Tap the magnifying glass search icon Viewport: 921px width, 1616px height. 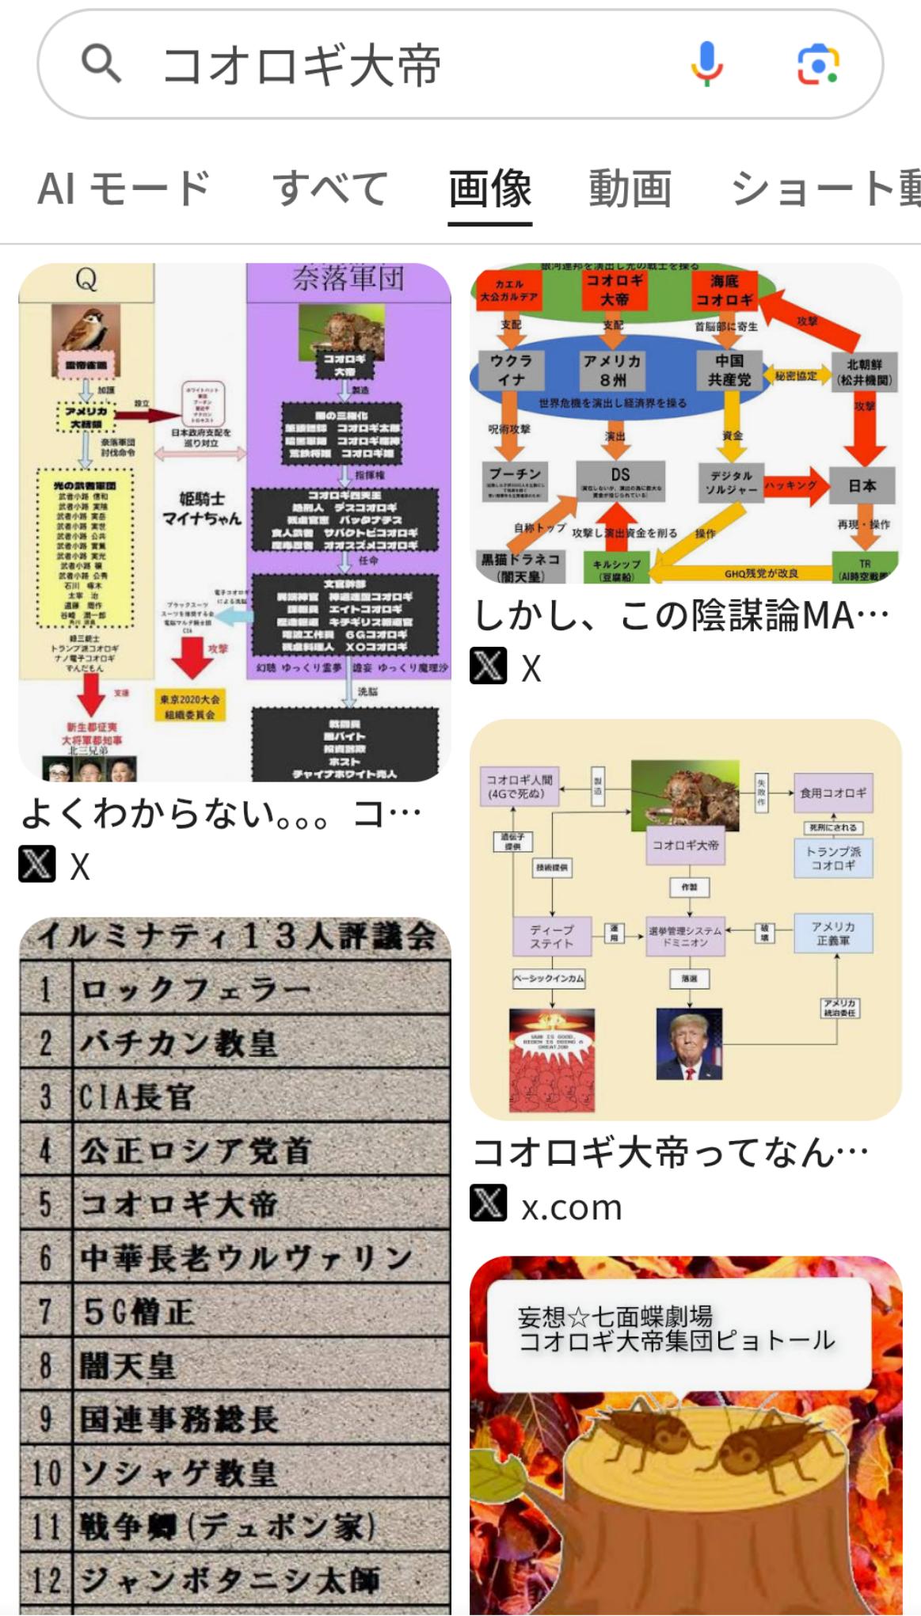coord(101,63)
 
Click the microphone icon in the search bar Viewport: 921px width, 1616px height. coord(706,63)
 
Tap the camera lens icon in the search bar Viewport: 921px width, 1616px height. coord(817,64)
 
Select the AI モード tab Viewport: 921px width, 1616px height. coord(124,188)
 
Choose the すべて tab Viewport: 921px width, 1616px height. coord(330,188)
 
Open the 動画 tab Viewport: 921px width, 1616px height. coord(630,188)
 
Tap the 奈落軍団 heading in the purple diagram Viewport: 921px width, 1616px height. coord(348,279)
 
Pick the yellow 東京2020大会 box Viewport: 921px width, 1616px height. coord(190,706)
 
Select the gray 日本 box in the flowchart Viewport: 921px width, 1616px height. coord(862,485)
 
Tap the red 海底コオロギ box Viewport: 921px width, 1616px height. coord(724,291)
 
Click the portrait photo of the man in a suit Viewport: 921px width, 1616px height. coord(689,1044)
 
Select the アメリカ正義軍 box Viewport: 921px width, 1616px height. coord(833,933)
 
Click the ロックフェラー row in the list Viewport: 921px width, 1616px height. coord(235,989)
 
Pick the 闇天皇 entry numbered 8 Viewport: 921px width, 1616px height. coord(235,1366)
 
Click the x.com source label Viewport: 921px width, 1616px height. coord(571,1207)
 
